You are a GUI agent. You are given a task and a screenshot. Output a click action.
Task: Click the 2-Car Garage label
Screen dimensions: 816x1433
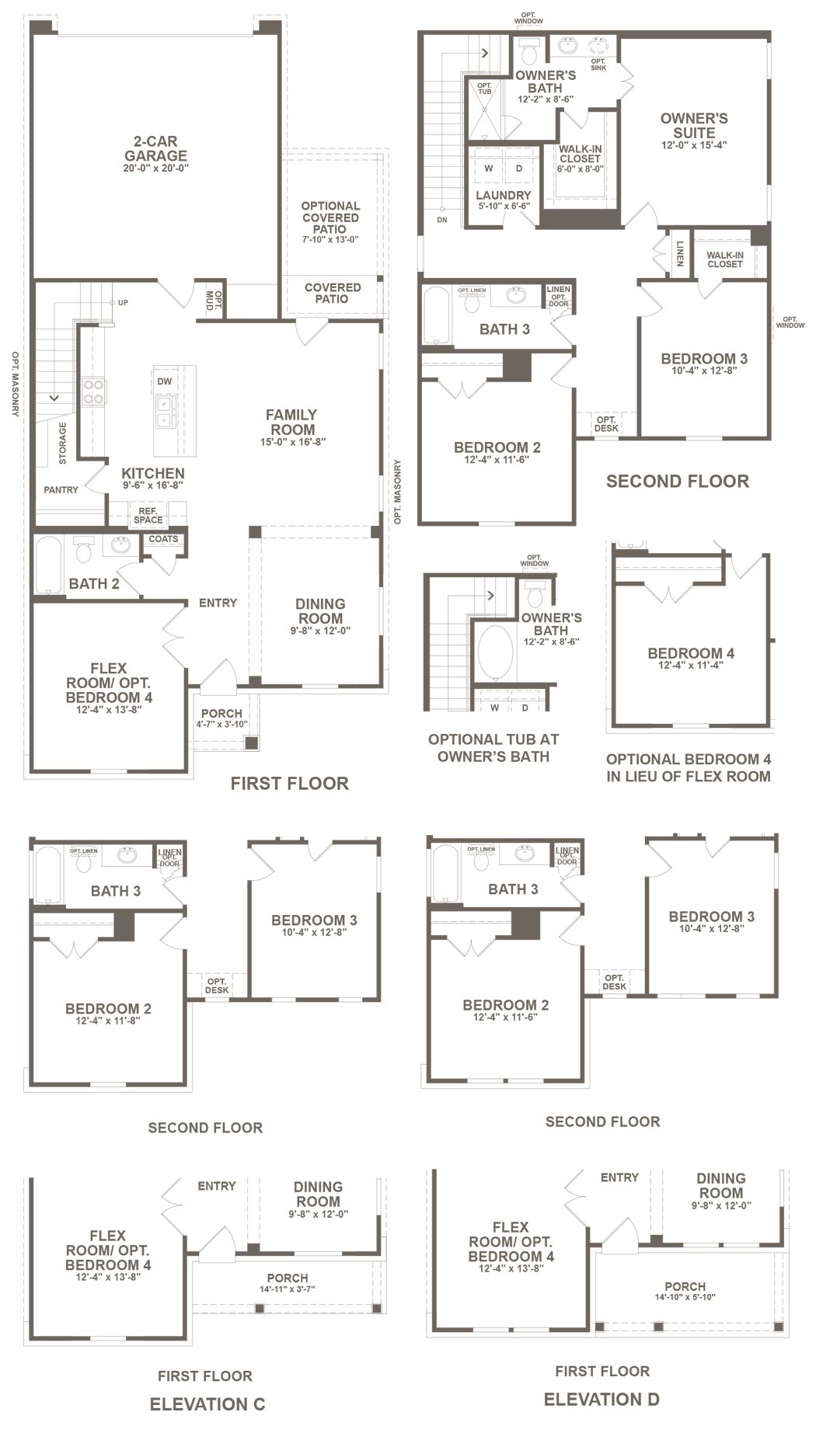(x=155, y=148)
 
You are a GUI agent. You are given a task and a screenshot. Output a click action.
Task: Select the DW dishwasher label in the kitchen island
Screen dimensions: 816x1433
(x=164, y=381)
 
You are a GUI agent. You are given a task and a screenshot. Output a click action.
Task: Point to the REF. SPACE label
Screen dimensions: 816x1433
(x=148, y=515)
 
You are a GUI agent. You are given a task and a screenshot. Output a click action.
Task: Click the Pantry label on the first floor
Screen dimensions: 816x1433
(x=61, y=490)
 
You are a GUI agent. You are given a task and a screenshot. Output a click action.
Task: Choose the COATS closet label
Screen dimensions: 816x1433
(x=163, y=539)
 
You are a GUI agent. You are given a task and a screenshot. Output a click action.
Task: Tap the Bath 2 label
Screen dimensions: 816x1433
(x=94, y=583)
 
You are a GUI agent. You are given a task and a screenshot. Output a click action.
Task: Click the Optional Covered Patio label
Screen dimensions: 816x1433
(x=330, y=217)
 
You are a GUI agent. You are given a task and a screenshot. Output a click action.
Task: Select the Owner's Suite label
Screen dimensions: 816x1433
(x=694, y=125)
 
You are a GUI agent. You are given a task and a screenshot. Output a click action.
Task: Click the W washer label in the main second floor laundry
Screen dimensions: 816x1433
(x=489, y=168)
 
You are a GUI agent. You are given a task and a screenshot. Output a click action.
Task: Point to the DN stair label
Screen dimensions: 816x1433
(x=442, y=220)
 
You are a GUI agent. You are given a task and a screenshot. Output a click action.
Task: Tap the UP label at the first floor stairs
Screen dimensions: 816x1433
(x=123, y=302)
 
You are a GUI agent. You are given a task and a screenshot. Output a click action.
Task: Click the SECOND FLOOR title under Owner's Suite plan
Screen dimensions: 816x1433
(x=678, y=481)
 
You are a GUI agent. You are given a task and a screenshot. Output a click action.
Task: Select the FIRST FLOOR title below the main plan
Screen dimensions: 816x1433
(x=289, y=783)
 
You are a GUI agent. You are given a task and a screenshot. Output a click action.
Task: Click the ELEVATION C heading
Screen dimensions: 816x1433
(x=207, y=1403)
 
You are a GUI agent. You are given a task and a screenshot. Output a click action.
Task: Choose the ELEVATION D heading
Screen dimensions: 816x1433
(x=602, y=1399)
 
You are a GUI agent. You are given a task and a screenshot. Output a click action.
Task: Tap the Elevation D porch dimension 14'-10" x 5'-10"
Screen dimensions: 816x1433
(x=685, y=1296)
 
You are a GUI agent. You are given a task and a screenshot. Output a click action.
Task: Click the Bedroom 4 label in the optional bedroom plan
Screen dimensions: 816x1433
(x=691, y=653)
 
